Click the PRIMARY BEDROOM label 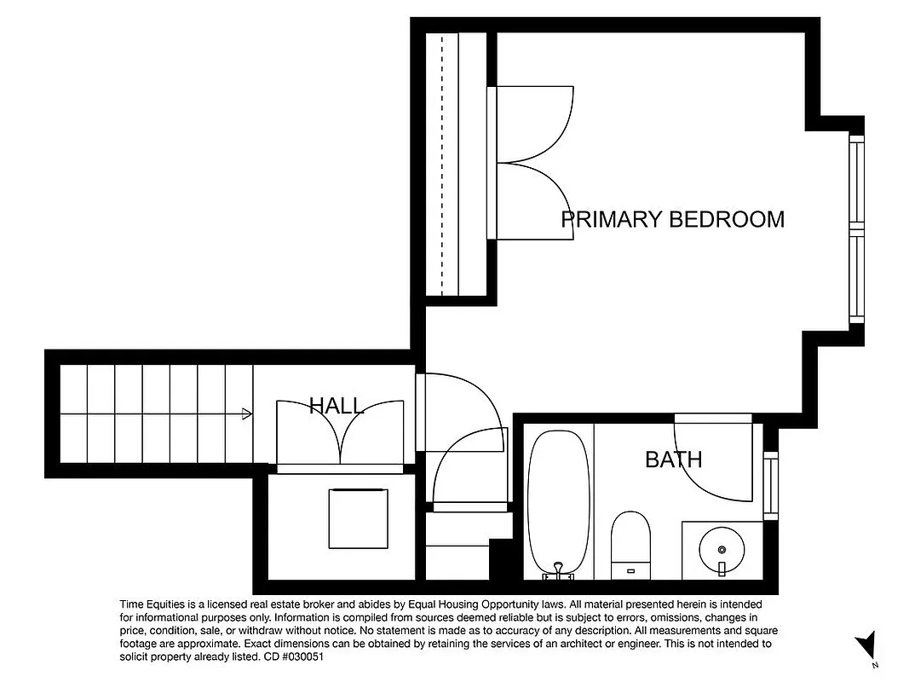pyautogui.click(x=672, y=219)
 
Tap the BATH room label pyautogui.click(x=673, y=460)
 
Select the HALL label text pyautogui.click(x=336, y=406)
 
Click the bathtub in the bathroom pyautogui.click(x=559, y=503)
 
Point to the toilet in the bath pyautogui.click(x=630, y=537)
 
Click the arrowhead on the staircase pyautogui.click(x=247, y=414)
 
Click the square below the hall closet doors pyautogui.click(x=358, y=518)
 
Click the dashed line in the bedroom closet pyautogui.click(x=441, y=162)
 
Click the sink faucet pyautogui.click(x=721, y=568)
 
